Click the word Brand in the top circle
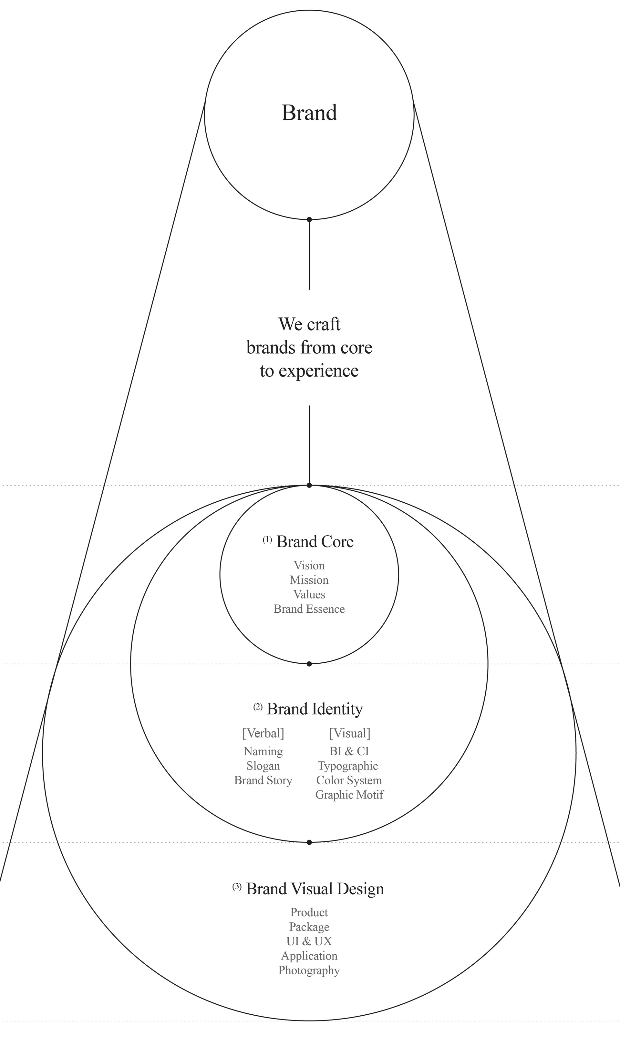click(309, 113)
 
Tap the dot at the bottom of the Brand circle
click(309, 219)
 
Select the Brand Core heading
click(315, 542)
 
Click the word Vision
click(309, 566)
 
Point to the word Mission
click(309, 580)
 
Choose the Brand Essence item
click(309, 609)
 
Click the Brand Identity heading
click(315, 709)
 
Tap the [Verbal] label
click(263, 733)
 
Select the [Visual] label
click(350, 733)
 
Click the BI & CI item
click(349, 751)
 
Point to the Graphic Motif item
click(349, 795)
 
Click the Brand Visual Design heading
click(315, 889)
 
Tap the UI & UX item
click(309, 941)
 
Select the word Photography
click(309, 970)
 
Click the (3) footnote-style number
click(237, 886)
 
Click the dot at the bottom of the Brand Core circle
click(309, 664)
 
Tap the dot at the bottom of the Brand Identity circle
click(309, 842)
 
